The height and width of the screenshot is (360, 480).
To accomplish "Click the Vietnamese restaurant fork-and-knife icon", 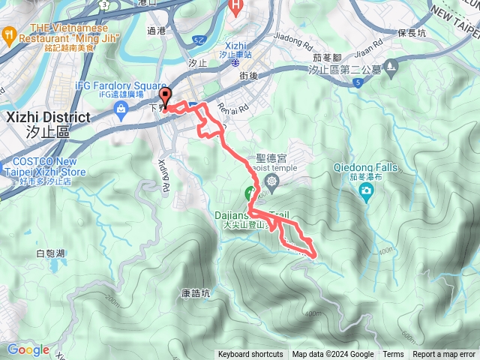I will point(9,33).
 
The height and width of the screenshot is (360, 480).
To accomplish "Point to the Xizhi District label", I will point(47,118).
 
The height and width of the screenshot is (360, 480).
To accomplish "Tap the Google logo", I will point(28,349).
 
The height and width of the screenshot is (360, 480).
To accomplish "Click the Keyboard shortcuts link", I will point(250,355).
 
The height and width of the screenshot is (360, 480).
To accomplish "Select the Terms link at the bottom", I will point(393,355).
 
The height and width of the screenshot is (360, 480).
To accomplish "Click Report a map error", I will point(444,355).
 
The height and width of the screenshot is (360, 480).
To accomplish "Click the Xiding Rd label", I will point(166,175).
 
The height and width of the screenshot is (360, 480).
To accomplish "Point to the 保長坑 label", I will point(412,33).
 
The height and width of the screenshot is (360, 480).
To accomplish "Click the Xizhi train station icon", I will point(229,65).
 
